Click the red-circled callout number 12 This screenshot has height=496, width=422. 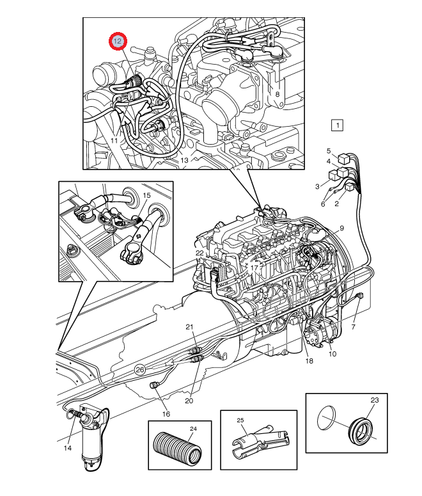coord(118,42)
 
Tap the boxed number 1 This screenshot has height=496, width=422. coord(337,125)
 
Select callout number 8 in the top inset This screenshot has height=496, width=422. coord(277,94)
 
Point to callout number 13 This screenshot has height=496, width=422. coord(184,160)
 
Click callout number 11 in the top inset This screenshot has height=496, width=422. coord(114,140)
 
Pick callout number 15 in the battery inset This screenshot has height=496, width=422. coord(146,195)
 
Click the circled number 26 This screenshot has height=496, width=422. coord(140,369)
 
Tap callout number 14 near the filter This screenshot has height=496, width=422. coord(68,448)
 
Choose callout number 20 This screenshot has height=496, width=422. coord(189,401)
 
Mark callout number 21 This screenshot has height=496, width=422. coord(189,328)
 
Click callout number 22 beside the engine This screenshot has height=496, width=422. coord(199,253)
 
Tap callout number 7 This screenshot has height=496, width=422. coord(353,328)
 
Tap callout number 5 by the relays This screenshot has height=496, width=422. coord(329,151)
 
